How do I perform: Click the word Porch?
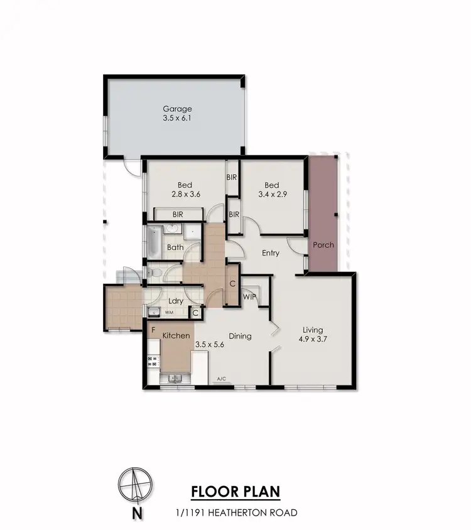point(323,245)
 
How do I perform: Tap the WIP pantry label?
point(249,296)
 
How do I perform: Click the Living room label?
point(312,330)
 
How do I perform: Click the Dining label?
point(240,336)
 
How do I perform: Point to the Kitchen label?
point(176,336)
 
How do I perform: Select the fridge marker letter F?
point(153,328)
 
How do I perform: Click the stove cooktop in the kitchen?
point(152,361)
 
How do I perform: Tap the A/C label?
point(221,379)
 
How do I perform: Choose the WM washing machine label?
point(169,311)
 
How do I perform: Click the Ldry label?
point(175,301)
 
